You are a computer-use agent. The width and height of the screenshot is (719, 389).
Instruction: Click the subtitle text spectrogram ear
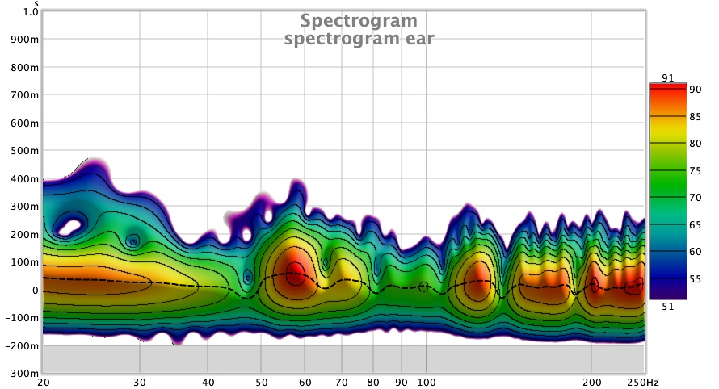tap(359, 38)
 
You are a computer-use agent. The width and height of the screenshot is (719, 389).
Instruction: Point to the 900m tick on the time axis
tap(24, 40)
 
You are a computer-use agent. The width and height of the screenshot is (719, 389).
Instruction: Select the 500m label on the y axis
tap(24, 151)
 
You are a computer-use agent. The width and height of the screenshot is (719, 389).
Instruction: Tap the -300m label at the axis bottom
tap(21, 374)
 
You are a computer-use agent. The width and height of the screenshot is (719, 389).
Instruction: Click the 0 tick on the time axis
tap(34, 290)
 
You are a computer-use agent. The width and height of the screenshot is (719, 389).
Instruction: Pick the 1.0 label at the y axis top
tap(29, 12)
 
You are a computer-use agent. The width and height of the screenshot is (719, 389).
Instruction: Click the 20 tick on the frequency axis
tap(44, 381)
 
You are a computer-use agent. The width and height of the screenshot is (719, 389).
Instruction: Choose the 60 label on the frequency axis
tap(305, 381)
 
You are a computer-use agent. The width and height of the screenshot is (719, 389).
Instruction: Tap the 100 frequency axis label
tap(427, 381)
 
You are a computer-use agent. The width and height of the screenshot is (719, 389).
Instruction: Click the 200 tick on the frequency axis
tap(592, 381)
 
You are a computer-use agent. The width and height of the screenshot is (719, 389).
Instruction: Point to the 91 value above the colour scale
tap(666, 77)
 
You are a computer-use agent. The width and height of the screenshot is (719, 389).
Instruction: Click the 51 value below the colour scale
tap(666, 305)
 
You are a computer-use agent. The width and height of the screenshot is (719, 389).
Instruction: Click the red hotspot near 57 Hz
tap(295, 273)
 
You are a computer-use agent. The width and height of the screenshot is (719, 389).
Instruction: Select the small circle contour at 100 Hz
tap(424, 287)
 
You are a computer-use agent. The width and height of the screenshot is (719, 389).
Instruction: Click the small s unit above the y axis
tap(36, 4)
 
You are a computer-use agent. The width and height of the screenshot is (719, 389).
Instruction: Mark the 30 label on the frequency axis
tap(141, 381)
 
